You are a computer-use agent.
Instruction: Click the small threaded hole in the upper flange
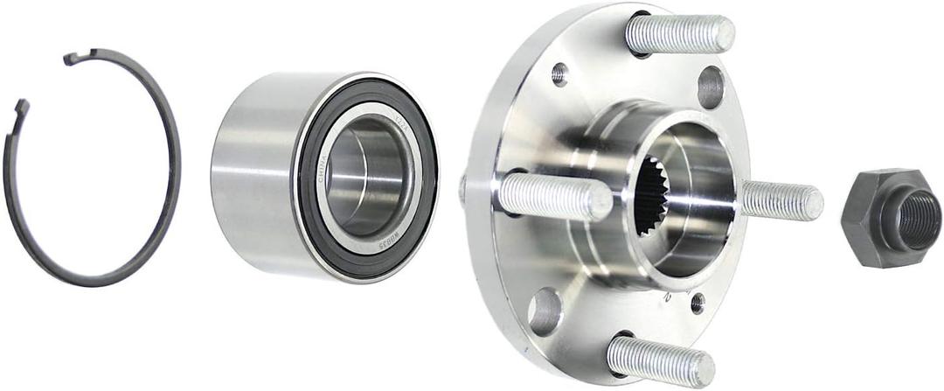click(x=559, y=73)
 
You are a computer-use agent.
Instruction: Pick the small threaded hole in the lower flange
click(x=697, y=303)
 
